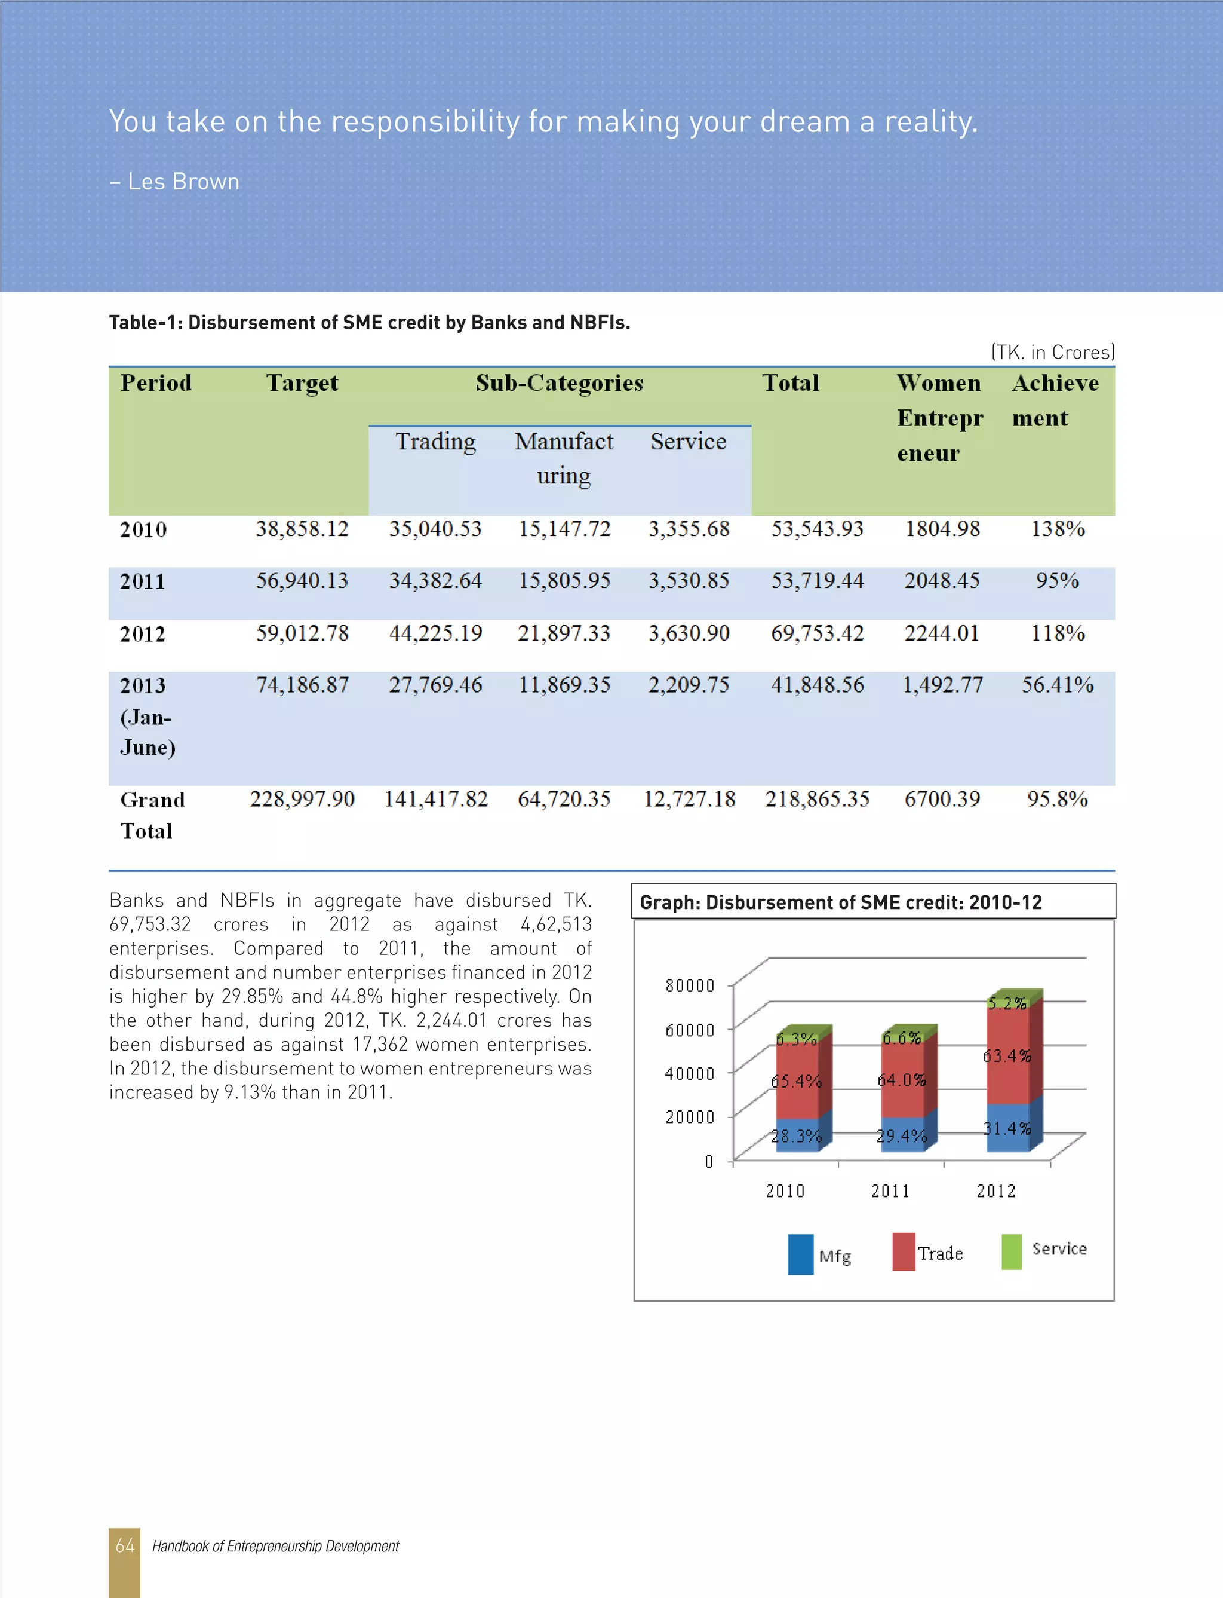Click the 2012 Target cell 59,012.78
click(302, 633)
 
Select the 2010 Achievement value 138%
click(1057, 529)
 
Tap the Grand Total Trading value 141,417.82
click(435, 799)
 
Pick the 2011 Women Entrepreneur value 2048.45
click(941, 580)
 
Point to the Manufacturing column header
click(564, 458)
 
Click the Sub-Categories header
click(559, 383)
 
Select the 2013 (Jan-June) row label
click(147, 716)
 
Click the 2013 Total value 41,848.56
click(817, 685)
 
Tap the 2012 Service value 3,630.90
click(689, 633)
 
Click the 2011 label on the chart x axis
click(890, 1191)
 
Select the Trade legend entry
click(939, 1254)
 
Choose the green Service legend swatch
click(1011, 1251)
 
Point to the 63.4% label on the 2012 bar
click(1007, 1055)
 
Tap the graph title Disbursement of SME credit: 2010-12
click(841, 902)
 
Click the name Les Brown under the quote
click(183, 181)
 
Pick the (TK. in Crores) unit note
click(1052, 353)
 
